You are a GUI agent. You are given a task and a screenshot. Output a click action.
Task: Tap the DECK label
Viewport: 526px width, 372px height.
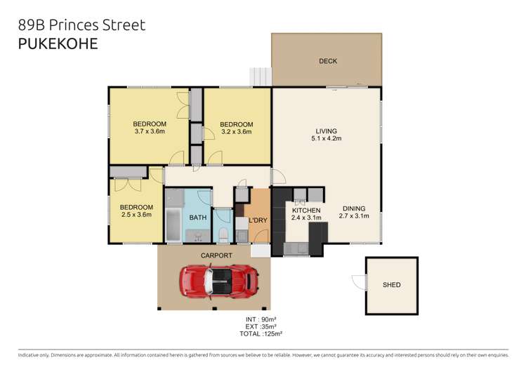click(x=327, y=61)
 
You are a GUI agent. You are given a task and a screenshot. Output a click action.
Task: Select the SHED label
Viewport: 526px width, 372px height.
click(x=391, y=285)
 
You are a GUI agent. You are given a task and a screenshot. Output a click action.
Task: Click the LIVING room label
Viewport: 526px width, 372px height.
click(x=326, y=131)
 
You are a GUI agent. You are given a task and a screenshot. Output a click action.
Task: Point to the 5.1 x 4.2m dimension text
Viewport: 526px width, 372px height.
click(x=326, y=138)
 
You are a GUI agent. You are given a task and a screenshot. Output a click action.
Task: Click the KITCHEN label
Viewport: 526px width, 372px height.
click(x=306, y=211)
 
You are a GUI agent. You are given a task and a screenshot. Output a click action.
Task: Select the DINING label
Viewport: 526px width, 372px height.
click(x=355, y=208)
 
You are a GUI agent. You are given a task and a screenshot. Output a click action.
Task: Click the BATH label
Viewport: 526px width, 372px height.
click(x=197, y=218)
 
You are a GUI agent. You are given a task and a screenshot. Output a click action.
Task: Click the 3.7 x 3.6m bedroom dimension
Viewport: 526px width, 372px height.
click(x=149, y=131)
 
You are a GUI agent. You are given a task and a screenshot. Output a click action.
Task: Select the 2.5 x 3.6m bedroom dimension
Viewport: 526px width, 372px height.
click(x=136, y=215)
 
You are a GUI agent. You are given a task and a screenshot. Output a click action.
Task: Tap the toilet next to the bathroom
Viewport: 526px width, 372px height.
click(x=223, y=232)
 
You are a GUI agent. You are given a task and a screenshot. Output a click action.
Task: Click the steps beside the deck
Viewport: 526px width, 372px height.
click(x=261, y=74)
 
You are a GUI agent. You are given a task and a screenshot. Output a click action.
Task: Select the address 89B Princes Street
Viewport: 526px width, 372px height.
click(x=81, y=25)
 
